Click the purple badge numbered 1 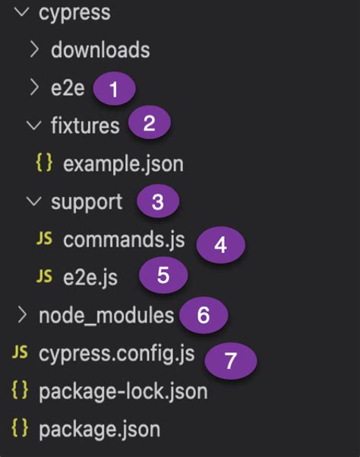point(114,90)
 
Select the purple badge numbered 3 point(157,202)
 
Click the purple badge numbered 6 point(203,314)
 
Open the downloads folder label point(100,50)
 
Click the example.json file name point(124,163)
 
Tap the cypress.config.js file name point(116,353)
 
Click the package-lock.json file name point(123,392)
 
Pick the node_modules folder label point(106,314)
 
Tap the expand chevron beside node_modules point(21,314)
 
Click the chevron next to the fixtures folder point(33,125)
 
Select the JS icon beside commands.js point(44,240)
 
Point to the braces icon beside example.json point(44,163)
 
